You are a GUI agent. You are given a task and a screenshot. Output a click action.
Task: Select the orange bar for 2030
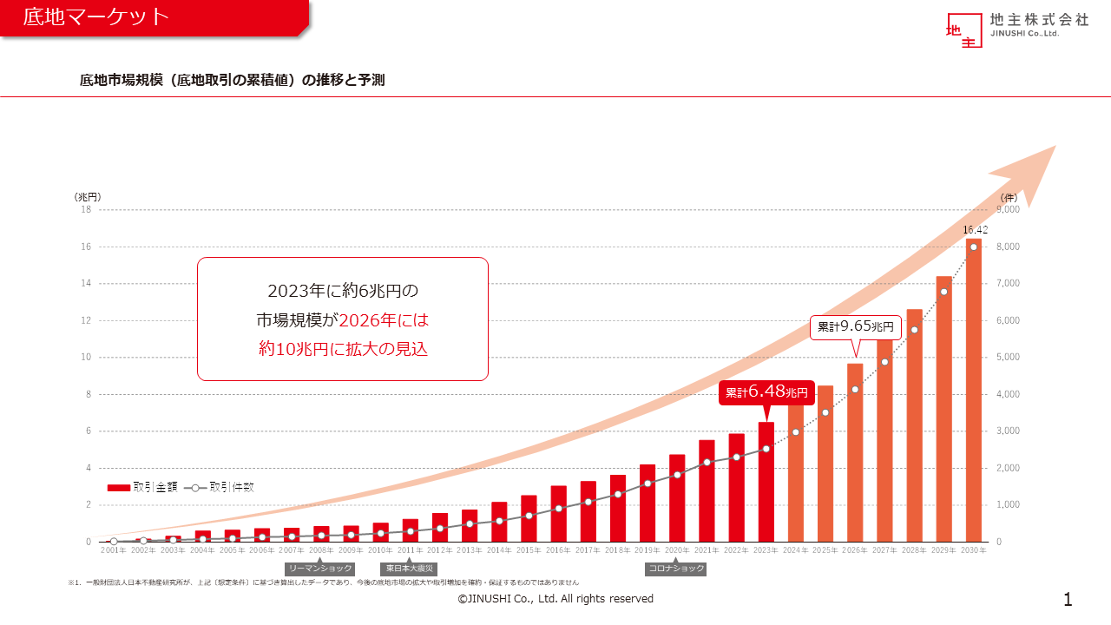pyautogui.click(x=973, y=391)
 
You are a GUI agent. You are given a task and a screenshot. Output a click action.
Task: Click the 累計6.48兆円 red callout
pyautogui.click(x=766, y=392)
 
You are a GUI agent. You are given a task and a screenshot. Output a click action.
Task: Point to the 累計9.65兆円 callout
pyautogui.click(x=855, y=327)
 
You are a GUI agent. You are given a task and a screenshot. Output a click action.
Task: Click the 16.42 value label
pyautogui.click(x=975, y=230)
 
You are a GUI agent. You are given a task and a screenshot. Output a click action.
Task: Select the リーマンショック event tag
pyautogui.click(x=320, y=568)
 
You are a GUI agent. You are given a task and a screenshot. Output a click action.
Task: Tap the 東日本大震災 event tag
pyautogui.click(x=410, y=568)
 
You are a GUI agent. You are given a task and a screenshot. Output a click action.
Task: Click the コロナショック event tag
pyautogui.click(x=676, y=569)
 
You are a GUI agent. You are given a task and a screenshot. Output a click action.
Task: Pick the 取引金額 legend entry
pyautogui.click(x=143, y=488)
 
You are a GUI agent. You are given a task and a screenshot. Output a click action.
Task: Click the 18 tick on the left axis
pyautogui.click(x=86, y=209)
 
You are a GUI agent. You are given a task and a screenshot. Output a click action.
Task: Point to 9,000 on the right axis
pyautogui.click(x=1008, y=209)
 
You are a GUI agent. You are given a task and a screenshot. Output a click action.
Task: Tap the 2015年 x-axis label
pyautogui.click(x=528, y=550)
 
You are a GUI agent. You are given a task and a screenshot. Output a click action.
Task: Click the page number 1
pyautogui.click(x=1068, y=599)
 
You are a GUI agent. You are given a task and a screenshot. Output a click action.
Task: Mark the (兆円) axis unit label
pyautogui.click(x=89, y=197)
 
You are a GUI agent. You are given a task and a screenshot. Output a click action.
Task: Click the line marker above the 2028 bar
pyautogui.click(x=914, y=330)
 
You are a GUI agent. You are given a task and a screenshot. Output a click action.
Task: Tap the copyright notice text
pyautogui.click(x=555, y=599)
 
